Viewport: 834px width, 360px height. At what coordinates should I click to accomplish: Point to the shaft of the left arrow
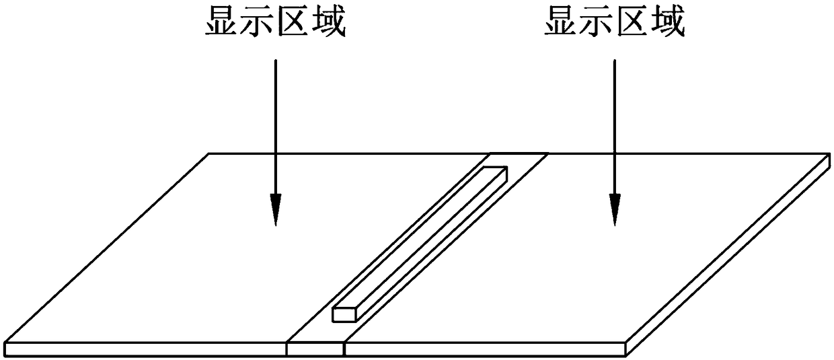point(275,121)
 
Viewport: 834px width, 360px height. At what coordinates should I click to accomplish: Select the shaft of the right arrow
point(614,121)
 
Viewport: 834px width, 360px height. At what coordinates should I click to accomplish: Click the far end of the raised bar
point(496,170)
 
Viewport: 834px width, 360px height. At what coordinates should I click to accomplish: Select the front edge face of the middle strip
point(315,349)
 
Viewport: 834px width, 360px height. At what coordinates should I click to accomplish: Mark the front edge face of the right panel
point(484,349)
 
